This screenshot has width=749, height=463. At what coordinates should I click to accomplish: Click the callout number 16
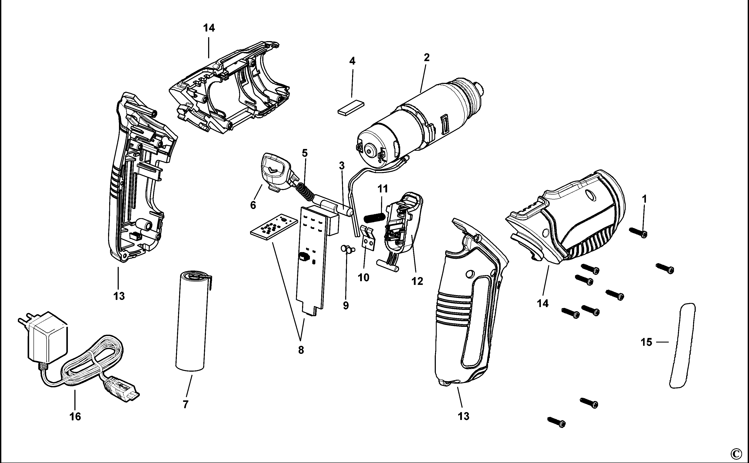click(75, 416)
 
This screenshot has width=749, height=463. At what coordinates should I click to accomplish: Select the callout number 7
click(186, 404)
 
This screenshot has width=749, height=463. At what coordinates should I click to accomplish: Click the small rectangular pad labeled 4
click(351, 108)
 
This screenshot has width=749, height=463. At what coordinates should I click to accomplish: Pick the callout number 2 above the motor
click(426, 57)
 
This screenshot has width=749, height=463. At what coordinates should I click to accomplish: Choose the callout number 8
click(301, 350)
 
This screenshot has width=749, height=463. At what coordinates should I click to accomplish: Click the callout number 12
click(417, 281)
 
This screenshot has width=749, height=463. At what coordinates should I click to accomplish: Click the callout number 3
click(342, 166)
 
